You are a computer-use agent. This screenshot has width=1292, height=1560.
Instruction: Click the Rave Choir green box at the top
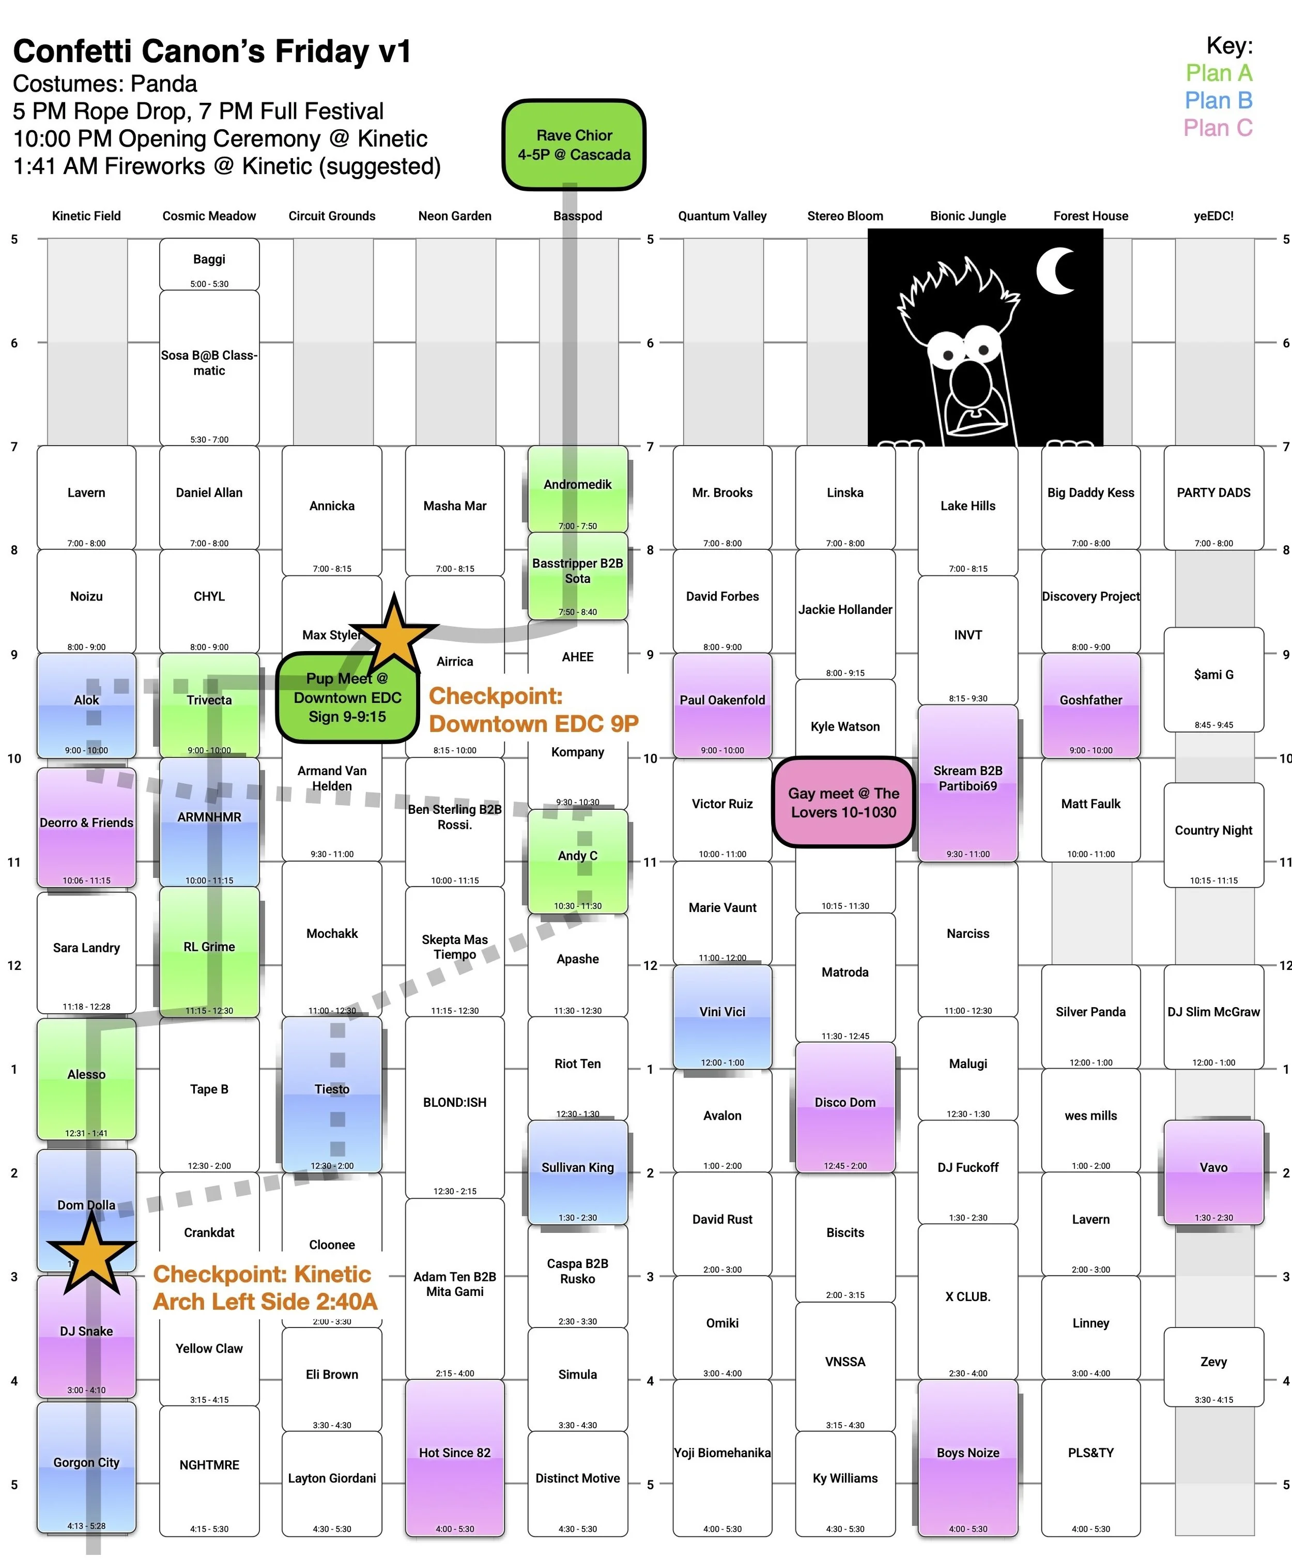pos(574,145)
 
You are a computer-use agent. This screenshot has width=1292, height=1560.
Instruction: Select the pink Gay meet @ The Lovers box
pos(843,802)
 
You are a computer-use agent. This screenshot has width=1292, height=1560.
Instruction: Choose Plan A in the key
pos(1219,73)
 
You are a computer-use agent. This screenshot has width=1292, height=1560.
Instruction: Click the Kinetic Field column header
pos(86,216)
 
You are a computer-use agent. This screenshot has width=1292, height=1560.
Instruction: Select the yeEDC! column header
pos(1213,216)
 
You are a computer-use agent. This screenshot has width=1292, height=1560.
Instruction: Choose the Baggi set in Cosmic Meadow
pos(209,264)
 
